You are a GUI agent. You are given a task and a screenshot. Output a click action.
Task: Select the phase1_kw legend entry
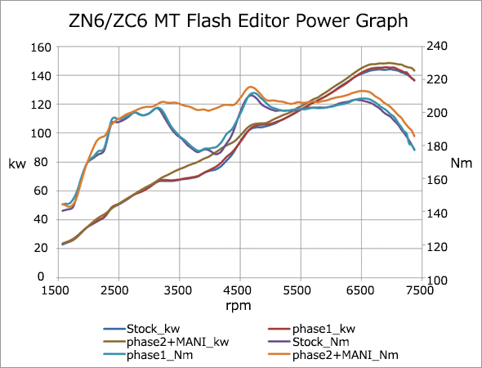324,328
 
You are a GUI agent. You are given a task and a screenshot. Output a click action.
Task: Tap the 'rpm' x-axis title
239,306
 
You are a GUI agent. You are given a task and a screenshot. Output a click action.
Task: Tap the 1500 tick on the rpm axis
58,289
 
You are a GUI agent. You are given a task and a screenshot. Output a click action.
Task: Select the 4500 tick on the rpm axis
240,289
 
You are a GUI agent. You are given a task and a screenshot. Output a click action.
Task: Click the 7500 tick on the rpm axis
422,289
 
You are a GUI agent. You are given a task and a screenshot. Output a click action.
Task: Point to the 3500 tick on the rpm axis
180,289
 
